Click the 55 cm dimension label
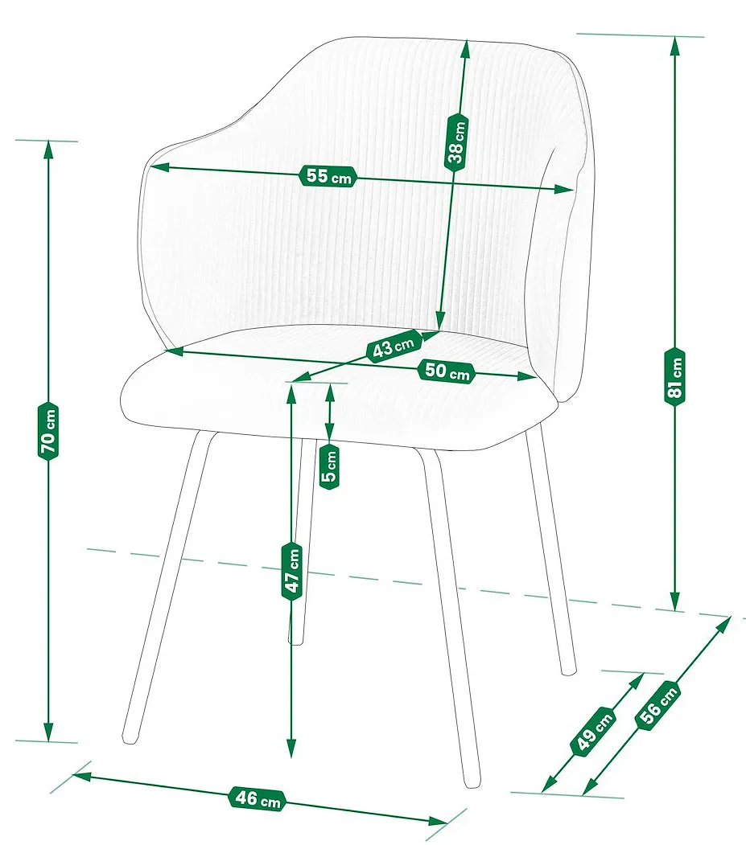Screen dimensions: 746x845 click(328, 176)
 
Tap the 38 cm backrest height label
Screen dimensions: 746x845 click(456, 142)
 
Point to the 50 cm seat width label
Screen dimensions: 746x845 click(447, 371)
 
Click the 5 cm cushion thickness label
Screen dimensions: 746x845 click(330, 466)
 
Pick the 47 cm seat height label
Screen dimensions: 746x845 click(292, 571)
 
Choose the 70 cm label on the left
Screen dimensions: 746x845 click(48, 431)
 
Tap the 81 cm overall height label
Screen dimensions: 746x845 click(674, 377)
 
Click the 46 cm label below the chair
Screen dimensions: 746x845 click(258, 798)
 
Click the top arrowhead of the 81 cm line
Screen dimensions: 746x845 click(674, 47)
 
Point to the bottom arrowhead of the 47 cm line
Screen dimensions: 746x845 click(291, 747)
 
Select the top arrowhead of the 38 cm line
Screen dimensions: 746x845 click(465, 51)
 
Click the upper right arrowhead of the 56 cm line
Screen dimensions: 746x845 click(723, 626)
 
